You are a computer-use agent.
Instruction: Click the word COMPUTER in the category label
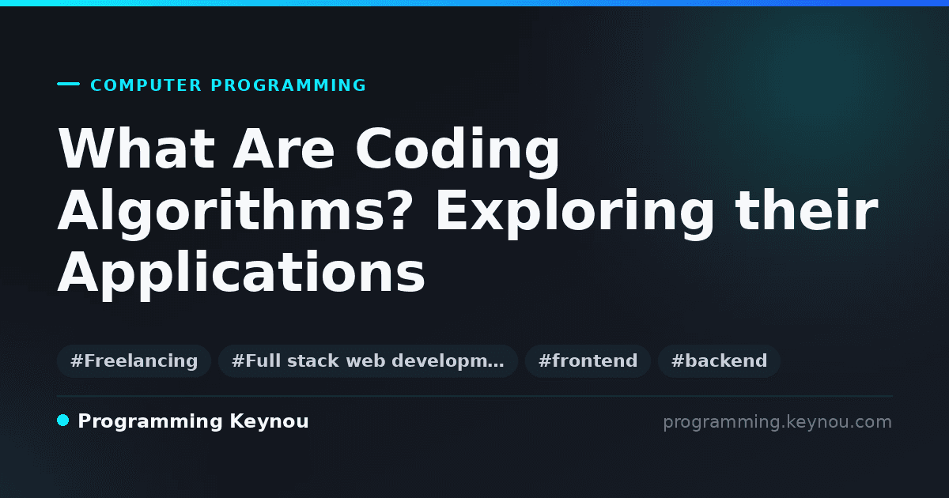[x=146, y=85]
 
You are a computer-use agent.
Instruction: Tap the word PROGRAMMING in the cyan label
[x=289, y=85]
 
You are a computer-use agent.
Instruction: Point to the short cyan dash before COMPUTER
[x=68, y=84]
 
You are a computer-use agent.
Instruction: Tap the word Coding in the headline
[x=458, y=152]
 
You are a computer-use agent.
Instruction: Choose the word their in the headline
[x=807, y=210]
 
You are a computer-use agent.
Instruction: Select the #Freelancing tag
[x=134, y=360]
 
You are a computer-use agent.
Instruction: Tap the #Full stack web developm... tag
[x=368, y=360]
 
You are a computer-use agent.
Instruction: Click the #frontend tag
[x=588, y=360]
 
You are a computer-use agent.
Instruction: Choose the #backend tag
[x=719, y=360]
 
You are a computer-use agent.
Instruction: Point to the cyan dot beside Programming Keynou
[x=62, y=421]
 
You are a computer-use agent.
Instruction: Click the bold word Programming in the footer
[x=150, y=422]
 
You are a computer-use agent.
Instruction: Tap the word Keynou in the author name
[x=269, y=422]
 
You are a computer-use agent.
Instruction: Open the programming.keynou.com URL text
[x=777, y=422]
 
